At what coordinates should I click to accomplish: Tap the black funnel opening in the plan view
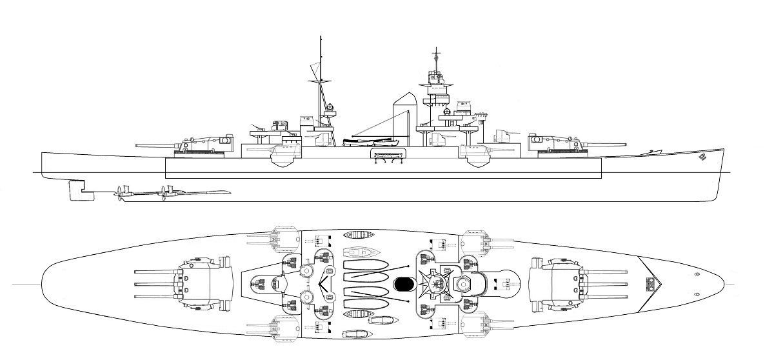(x=403, y=283)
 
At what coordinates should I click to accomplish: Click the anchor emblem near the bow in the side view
(x=700, y=156)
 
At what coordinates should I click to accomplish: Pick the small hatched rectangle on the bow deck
(x=651, y=283)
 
